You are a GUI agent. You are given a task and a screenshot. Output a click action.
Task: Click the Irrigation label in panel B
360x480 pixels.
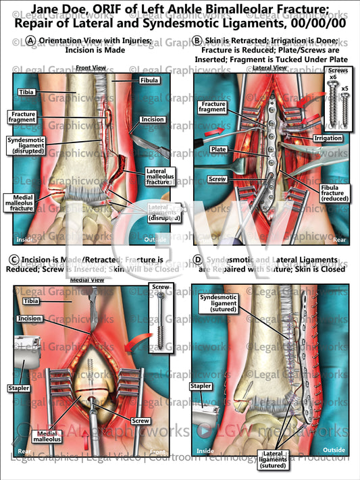(328, 138)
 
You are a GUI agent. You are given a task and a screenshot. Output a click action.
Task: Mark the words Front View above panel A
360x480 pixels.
(89, 68)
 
